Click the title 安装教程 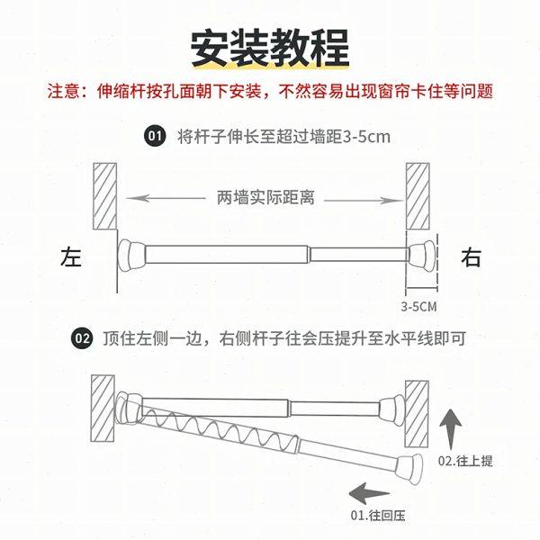pyautogui.click(x=270, y=46)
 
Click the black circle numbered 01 pyautogui.click(x=154, y=137)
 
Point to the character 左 pyautogui.click(x=71, y=257)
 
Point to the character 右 pyautogui.click(x=471, y=257)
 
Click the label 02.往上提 pyautogui.click(x=465, y=461)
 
